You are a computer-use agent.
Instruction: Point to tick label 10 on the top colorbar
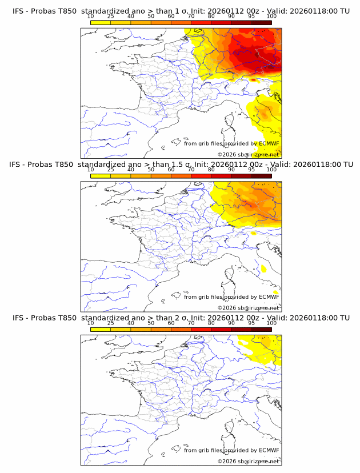pos(91,16)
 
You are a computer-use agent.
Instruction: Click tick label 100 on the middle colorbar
pos(271,170)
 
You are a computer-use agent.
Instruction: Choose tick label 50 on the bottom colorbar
pos(151,323)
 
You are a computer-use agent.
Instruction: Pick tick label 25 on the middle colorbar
pos(110,170)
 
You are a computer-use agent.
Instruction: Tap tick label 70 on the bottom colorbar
pos(191,323)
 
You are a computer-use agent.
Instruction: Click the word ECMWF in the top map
pos(269,143)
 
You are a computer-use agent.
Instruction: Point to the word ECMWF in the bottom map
pos(269,450)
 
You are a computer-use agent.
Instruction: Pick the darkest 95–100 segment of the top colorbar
pos(261,22)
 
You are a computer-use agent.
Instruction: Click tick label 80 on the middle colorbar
pos(211,170)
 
